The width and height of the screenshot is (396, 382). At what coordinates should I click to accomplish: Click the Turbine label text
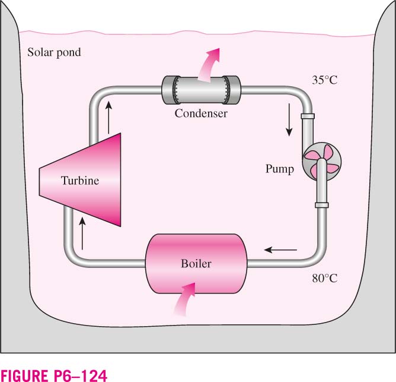pos(80,181)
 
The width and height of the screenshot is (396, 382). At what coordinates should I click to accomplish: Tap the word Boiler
pos(196,264)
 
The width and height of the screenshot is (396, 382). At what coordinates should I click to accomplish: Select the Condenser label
pos(201,113)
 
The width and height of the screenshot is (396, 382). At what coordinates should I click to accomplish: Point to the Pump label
pos(280,169)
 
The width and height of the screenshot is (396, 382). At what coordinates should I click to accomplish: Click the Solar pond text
pos(54,52)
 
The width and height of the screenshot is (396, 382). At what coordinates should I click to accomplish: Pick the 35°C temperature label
pos(324,80)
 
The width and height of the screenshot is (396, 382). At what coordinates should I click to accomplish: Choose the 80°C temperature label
pos(324,279)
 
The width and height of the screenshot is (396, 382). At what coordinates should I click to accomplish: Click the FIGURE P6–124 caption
pos(54,375)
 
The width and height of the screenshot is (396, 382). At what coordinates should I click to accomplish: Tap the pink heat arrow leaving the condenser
pos(207,67)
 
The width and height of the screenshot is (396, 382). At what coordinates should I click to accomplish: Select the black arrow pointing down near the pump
pos(289,120)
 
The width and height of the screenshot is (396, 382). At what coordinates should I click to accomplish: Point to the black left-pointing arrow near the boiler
pos(280,250)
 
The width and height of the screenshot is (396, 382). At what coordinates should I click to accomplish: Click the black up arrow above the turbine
pos(108,117)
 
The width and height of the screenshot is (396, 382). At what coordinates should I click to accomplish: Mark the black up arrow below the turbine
pos(82,233)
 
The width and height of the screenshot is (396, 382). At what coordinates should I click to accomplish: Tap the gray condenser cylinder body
pos(202,90)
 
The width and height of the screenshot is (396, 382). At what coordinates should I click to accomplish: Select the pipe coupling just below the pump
pos(322,205)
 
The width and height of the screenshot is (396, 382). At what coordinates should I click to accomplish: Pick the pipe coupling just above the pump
pos(308,116)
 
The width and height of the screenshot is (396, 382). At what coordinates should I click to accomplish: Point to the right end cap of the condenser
pos(234,90)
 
